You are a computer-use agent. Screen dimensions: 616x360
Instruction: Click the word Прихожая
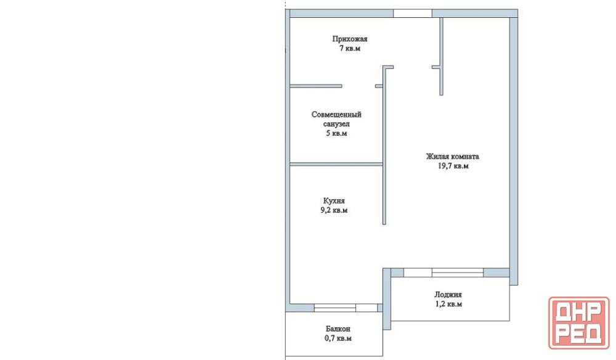pyautogui.click(x=350, y=39)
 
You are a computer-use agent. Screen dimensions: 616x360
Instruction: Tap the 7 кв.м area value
pyautogui.click(x=350, y=48)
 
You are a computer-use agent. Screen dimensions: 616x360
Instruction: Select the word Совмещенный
pyautogui.click(x=336, y=115)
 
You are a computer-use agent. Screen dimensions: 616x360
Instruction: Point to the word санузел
pyautogui.click(x=336, y=124)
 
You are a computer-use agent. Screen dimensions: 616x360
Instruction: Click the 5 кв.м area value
pyautogui.click(x=336, y=133)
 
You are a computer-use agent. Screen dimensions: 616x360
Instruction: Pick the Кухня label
pyautogui.click(x=334, y=201)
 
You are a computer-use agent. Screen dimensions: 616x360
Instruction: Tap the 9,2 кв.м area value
pyautogui.click(x=334, y=210)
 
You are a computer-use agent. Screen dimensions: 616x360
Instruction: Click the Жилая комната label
pyautogui.click(x=453, y=157)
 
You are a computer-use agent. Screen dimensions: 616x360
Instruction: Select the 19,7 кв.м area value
pyautogui.click(x=453, y=166)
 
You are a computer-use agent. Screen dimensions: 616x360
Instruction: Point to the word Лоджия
pyautogui.click(x=448, y=295)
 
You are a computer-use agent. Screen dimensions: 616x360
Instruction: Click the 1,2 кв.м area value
pyautogui.click(x=448, y=304)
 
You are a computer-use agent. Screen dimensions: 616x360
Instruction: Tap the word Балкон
pyautogui.click(x=338, y=329)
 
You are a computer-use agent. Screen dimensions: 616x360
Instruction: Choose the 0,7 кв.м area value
pyautogui.click(x=338, y=338)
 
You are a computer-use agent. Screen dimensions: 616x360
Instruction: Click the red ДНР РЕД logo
pyautogui.click(x=578, y=323)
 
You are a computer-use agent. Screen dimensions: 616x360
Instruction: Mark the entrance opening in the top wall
pyautogui.click(x=413, y=14)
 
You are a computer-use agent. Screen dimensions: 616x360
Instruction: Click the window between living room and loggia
pyautogui.click(x=444, y=272)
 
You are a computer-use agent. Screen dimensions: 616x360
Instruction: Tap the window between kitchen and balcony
pyautogui.click(x=346, y=308)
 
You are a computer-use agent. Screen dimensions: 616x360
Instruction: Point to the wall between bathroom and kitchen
pyautogui.click(x=336, y=164)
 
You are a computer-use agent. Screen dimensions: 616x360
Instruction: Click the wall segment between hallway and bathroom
pyautogui.click(x=316, y=86)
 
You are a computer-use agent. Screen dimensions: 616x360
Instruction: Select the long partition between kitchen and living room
pyautogui.click(x=384, y=145)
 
